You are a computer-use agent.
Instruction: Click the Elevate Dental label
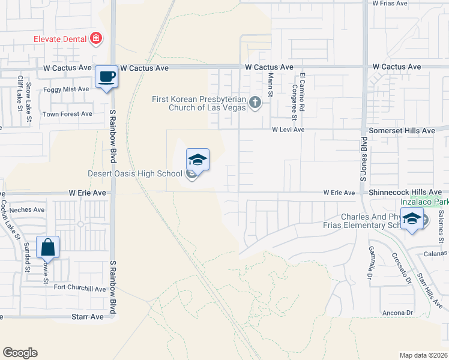click(59, 40)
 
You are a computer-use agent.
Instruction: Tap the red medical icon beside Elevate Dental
click(95, 40)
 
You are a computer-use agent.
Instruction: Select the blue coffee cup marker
click(107, 77)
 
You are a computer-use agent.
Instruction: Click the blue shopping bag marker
click(47, 247)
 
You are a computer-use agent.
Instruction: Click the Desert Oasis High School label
click(134, 174)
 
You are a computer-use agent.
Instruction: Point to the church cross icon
click(255, 103)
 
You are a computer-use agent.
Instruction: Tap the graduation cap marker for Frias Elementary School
click(412, 220)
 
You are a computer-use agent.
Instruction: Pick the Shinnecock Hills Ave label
click(405, 192)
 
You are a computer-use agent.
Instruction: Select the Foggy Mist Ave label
click(66, 89)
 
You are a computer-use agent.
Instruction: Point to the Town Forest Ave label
click(67, 113)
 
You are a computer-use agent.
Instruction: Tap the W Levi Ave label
click(288, 129)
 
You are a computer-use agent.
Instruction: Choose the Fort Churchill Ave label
click(80, 288)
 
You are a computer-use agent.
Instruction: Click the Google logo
click(20, 353)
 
